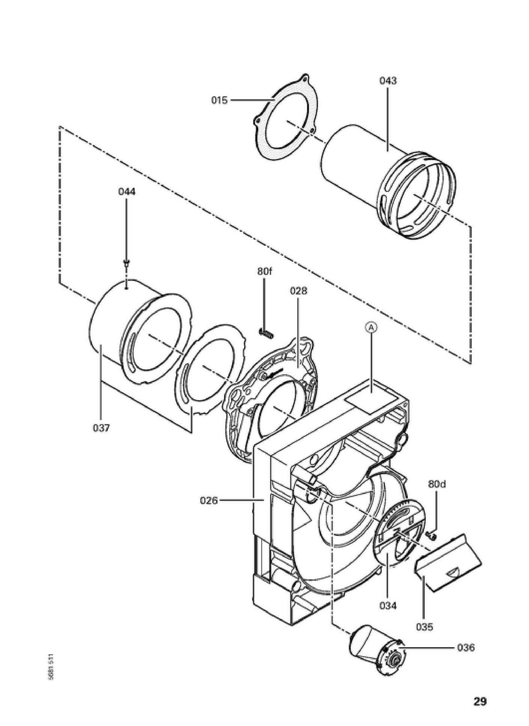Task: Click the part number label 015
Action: click(219, 100)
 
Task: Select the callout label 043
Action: click(388, 81)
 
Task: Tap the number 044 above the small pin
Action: click(127, 192)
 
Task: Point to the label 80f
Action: click(264, 271)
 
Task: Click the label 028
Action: click(298, 291)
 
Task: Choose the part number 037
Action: click(101, 428)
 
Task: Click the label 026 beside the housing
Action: click(209, 500)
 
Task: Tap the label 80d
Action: click(437, 484)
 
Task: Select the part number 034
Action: click(388, 605)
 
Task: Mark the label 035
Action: click(424, 627)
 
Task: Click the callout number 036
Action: click(466, 647)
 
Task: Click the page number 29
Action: click(479, 701)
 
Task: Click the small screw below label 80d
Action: click(432, 537)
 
